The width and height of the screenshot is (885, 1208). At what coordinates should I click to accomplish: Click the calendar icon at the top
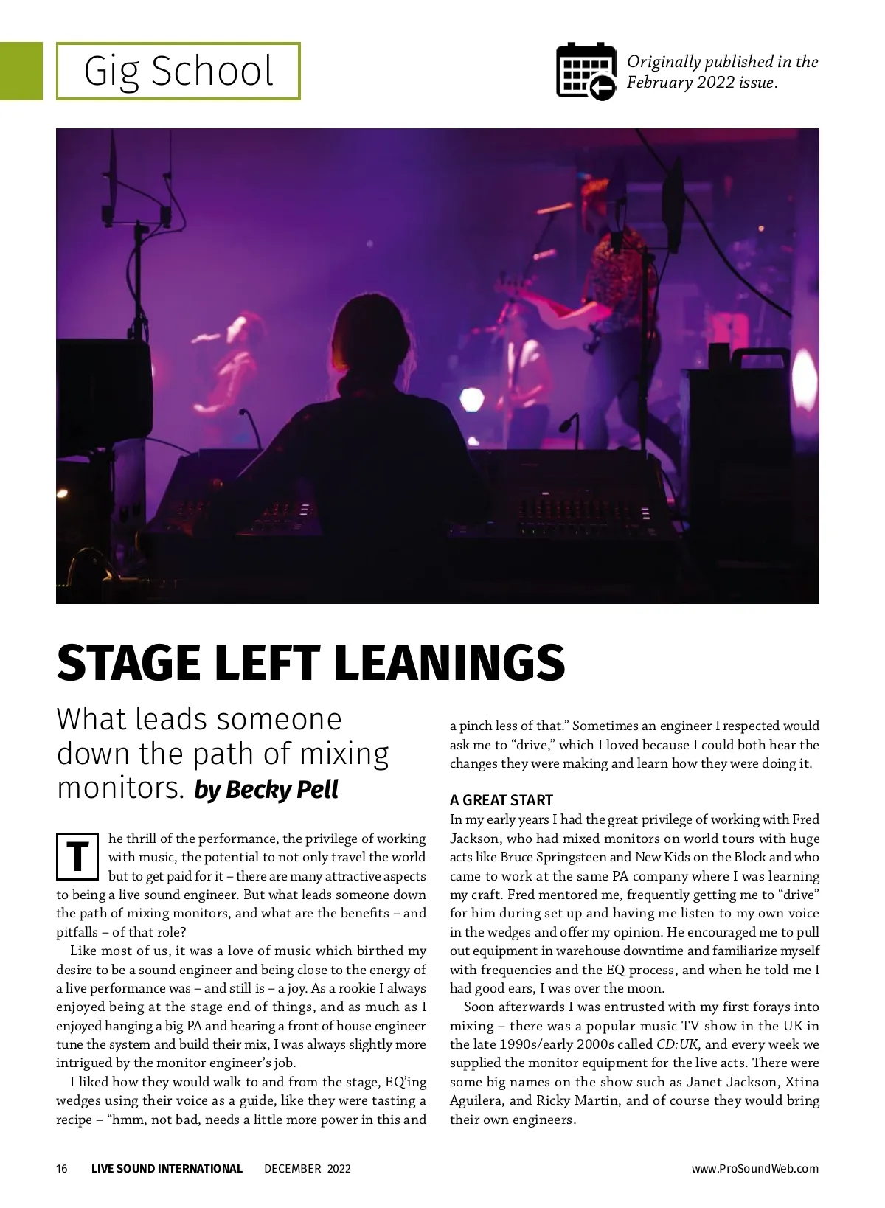point(586,72)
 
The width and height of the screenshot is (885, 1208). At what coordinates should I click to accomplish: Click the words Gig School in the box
point(178,72)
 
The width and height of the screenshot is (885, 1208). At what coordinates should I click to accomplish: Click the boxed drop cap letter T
point(77,857)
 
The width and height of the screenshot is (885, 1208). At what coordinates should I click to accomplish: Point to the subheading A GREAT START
point(501,800)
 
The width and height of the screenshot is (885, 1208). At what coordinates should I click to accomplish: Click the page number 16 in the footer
point(62,1168)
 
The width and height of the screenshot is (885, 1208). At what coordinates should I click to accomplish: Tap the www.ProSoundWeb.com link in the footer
point(754,1168)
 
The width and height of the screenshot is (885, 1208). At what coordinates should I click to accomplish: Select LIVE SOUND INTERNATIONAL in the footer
point(167,1168)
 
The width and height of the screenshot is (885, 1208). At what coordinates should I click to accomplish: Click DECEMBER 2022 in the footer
point(308,1168)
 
